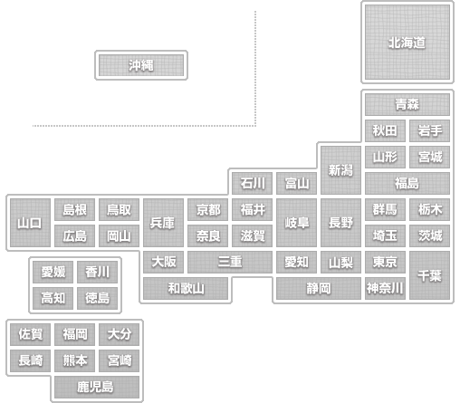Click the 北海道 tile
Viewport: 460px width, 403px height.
407,43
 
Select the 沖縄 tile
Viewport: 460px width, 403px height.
141,65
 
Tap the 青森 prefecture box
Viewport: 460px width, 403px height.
407,104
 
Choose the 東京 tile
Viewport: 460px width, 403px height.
385,262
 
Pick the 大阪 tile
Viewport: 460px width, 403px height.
163,262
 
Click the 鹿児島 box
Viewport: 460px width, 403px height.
97,387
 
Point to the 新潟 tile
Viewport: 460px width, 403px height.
340,170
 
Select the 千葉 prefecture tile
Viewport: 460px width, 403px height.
429,275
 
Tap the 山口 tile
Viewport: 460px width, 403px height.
30,223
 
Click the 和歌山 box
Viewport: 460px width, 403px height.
186,288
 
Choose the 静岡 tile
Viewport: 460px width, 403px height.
319,288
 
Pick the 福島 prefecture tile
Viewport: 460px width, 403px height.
407,183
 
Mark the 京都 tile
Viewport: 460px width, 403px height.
207,209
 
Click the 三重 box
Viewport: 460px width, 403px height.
230,262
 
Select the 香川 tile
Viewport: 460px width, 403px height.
97,272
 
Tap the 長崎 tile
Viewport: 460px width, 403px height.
30,360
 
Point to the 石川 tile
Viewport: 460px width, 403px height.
252,183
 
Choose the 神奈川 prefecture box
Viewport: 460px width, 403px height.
385,288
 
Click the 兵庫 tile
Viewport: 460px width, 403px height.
163,223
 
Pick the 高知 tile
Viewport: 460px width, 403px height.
53,298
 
